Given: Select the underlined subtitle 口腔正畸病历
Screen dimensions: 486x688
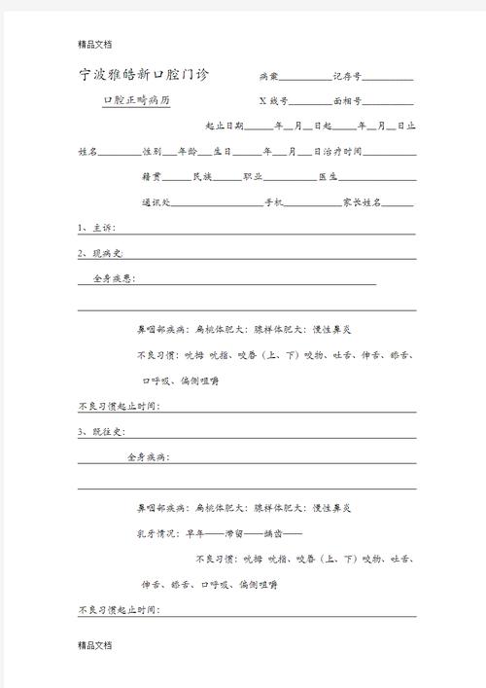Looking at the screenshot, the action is [136, 100].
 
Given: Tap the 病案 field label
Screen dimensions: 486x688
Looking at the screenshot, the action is [268, 76].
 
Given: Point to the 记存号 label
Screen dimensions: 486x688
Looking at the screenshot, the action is [348, 76].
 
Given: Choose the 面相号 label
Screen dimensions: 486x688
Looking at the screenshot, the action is [347, 100].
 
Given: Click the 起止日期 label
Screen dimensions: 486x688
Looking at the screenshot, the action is [225, 127].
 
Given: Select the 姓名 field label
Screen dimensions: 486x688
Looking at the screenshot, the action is [87, 152].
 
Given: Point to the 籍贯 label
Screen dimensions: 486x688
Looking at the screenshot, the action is [152, 177].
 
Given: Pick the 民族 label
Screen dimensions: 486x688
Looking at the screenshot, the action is [202, 177].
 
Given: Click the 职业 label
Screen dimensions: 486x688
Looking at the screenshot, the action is [252, 177].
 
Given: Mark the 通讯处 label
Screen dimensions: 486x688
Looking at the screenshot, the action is [156, 202].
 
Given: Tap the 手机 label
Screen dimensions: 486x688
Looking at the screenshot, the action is [273, 202].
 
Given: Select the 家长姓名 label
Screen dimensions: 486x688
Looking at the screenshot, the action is [362, 202].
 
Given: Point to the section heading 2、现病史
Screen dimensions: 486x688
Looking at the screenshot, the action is [100, 253].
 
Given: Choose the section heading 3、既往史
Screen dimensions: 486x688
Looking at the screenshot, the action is [100, 431].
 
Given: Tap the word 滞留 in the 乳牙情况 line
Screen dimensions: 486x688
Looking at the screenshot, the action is [234, 533].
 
